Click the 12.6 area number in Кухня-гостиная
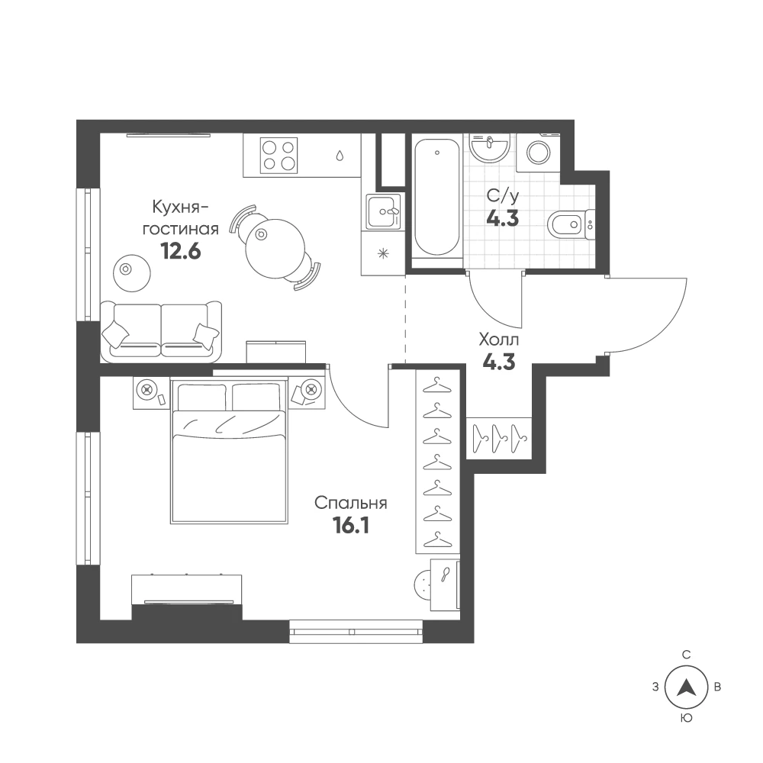(x=181, y=252)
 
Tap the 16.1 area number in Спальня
(x=350, y=526)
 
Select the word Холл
(x=499, y=340)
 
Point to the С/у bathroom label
(x=503, y=196)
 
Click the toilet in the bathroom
(x=570, y=225)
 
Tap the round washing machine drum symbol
(x=539, y=153)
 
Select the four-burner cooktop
(x=279, y=155)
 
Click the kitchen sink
(x=385, y=211)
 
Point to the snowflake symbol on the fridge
(x=384, y=253)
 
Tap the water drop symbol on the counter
(x=340, y=155)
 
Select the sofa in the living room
(x=161, y=332)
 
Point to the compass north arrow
(x=687, y=687)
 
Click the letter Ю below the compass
(x=687, y=718)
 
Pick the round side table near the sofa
(x=132, y=273)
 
